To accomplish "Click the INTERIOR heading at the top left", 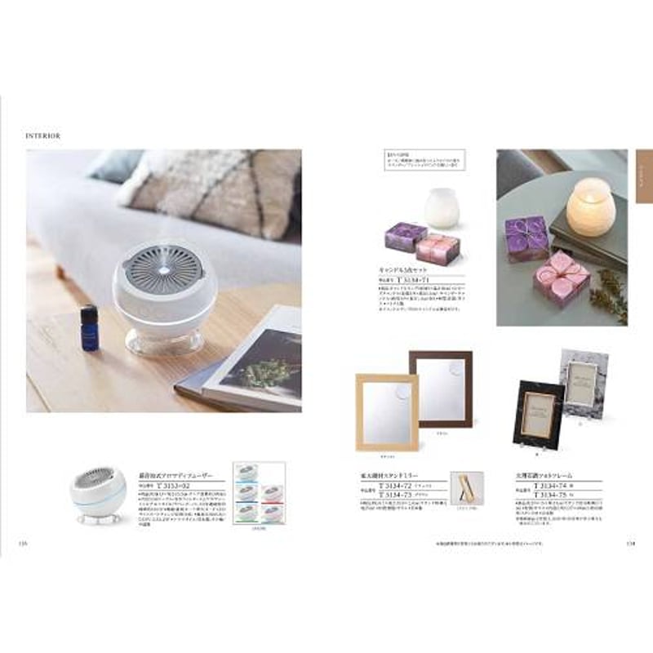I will (x=46, y=134).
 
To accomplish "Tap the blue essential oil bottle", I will (x=89, y=328).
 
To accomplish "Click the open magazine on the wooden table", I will (x=245, y=359).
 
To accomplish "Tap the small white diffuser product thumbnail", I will (x=102, y=491).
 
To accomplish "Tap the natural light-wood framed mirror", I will (x=386, y=412).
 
